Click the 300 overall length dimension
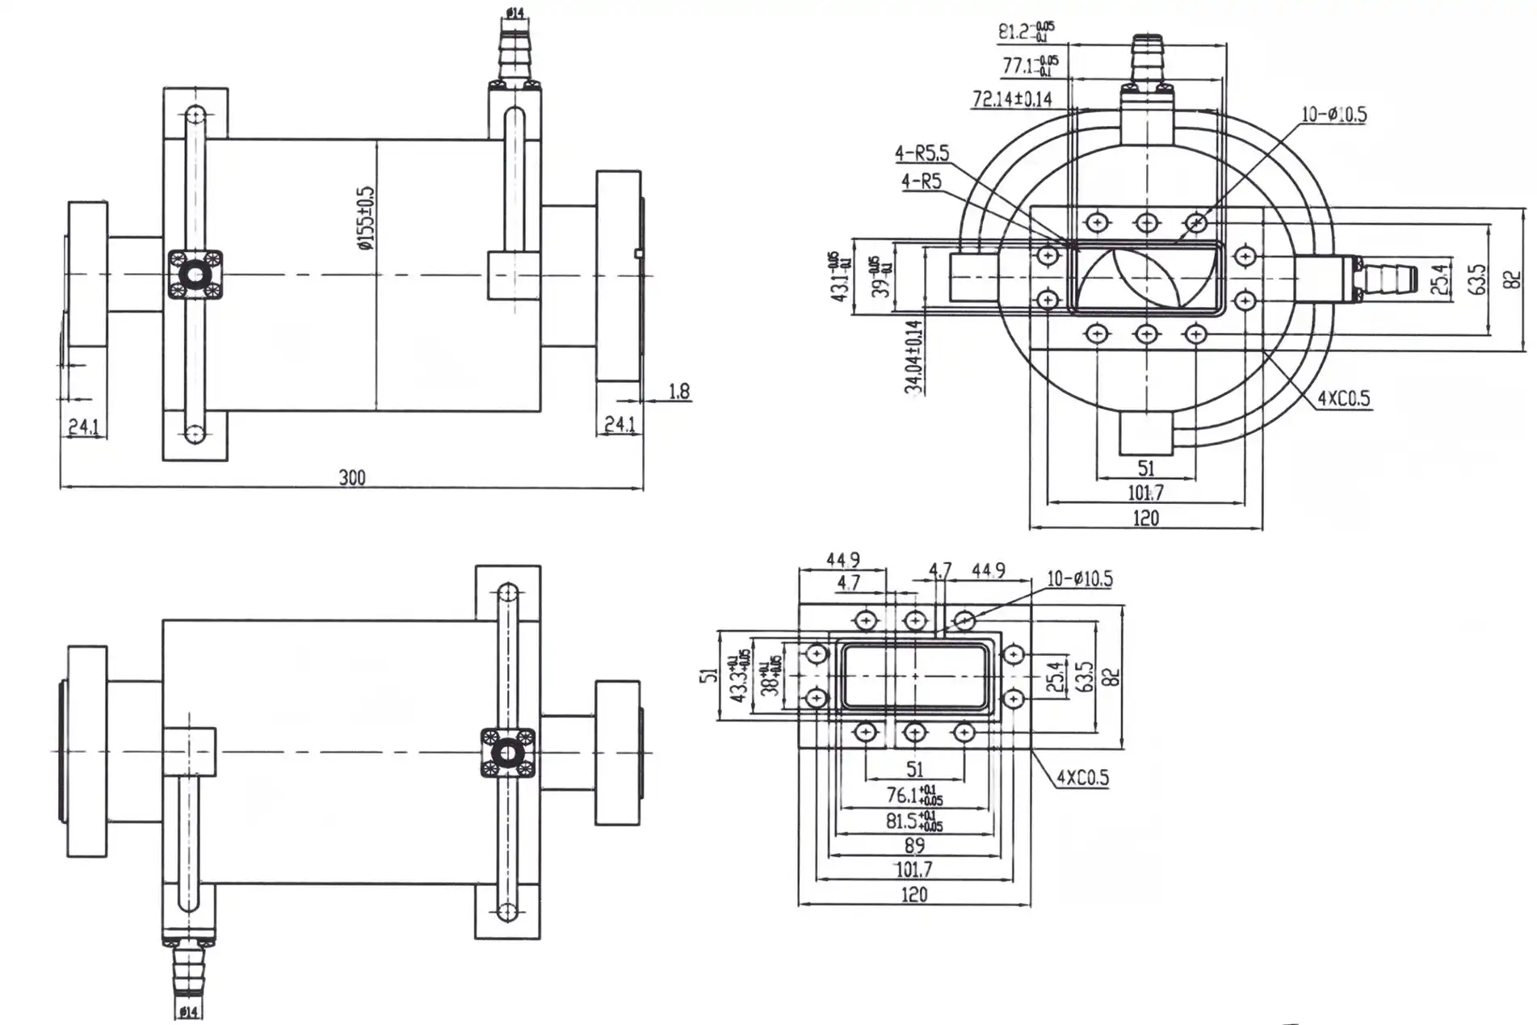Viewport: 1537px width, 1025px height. pyautogui.click(x=352, y=477)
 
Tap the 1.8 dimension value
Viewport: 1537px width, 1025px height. pyautogui.click(x=679, y=392)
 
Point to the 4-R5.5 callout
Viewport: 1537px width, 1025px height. pyautogui.click(x=922, y=153)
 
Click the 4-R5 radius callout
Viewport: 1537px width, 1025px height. pyautogui.click(x=922, y=181)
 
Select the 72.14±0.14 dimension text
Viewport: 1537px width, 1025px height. pyautogui.click(x=1012, y=99)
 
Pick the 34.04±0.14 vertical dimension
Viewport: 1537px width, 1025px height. pyautogui.click(x=913, y=356)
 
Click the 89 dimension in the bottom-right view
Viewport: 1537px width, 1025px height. pyautogui.click(x=914, y=846)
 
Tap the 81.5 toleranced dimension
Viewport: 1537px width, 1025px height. pyautogui.click(x=913, y=821)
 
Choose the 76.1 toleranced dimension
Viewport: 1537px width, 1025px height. pyautogui.click(x=913, y=796)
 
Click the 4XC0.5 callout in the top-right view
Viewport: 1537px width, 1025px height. pyautogui.click(x=1344, y=398)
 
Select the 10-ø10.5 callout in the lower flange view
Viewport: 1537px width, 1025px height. pyautogui.click(x=1080, y=579)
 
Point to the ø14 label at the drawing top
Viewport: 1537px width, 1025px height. pyautogui.click(x=515, y=12)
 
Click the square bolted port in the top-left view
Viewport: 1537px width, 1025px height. pyautogui.click(x=195, y=275)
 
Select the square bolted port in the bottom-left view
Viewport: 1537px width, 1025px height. pyautogui.click(x=507, y=753)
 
